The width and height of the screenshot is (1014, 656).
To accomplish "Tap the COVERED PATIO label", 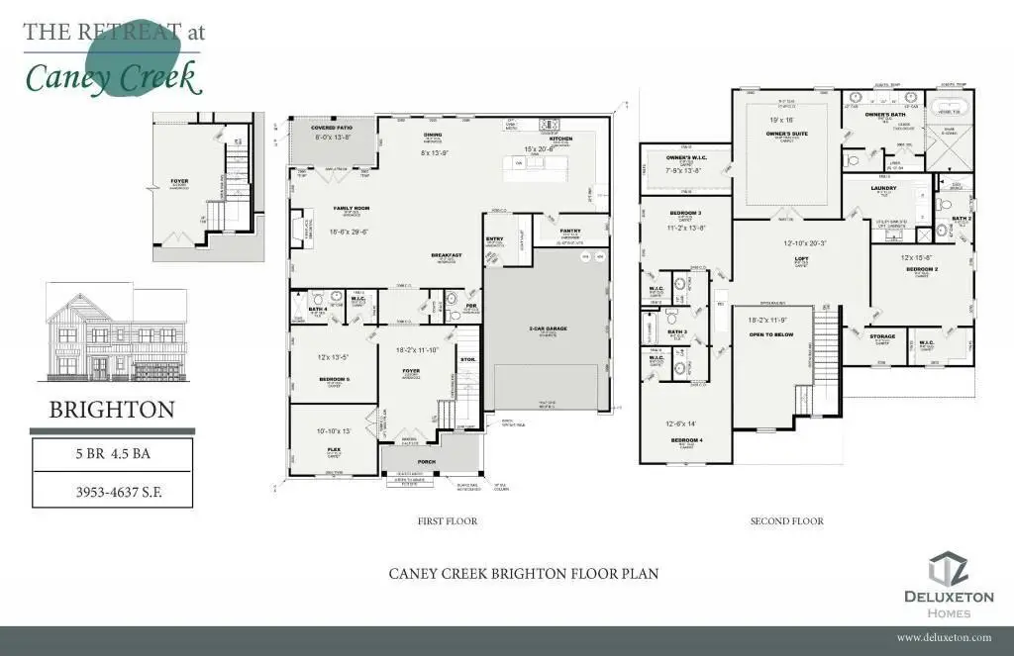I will pyautogui.click(x=333, y=129).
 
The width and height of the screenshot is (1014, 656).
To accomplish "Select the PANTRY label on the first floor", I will pyautogui.click(x=570, y=231).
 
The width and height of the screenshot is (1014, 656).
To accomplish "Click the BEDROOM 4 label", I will pyautogui.click(x=686, y=438).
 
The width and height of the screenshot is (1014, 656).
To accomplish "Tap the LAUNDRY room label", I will pyautogui.click(x=883, y=187).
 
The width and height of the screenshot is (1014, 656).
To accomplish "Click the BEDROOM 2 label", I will pyautogui.click(x=920, y=269).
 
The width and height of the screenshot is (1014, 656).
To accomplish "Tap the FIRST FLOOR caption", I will pyautogui.click(x=449, y=520).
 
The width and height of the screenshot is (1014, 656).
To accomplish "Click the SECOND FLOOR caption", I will pyautogui.click(x=786, y=520).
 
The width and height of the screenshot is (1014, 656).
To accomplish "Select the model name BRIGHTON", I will pyautogui.click(x=112, y=410).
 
